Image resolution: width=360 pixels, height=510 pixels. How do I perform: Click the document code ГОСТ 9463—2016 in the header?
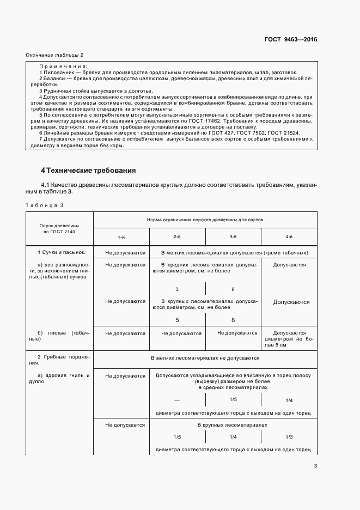tap(291, 39)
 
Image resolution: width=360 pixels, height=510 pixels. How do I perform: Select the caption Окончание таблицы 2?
tap(54, 55)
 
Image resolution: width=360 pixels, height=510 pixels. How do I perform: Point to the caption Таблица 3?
tap(45, 204)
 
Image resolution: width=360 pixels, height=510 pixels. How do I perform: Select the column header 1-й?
tap(121, 236)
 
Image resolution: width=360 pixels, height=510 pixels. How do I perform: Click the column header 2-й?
tap(177, 236)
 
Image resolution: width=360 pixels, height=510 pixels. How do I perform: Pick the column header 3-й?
tap(233, 236)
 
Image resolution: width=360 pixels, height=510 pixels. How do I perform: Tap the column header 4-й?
tap(289, 236)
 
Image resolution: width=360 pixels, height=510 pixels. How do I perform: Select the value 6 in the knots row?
tap(233, 289)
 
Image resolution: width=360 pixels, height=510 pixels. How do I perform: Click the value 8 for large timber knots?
tap(233, 320)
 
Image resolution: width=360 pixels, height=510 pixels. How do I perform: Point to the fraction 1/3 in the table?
tap(289, 437)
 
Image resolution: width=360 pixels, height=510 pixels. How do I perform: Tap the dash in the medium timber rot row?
tap(177, 400)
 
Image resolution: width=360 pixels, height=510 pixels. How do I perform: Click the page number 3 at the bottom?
tap(315, 465)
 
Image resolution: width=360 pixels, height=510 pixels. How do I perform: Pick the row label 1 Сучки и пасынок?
tap(58, 253)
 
